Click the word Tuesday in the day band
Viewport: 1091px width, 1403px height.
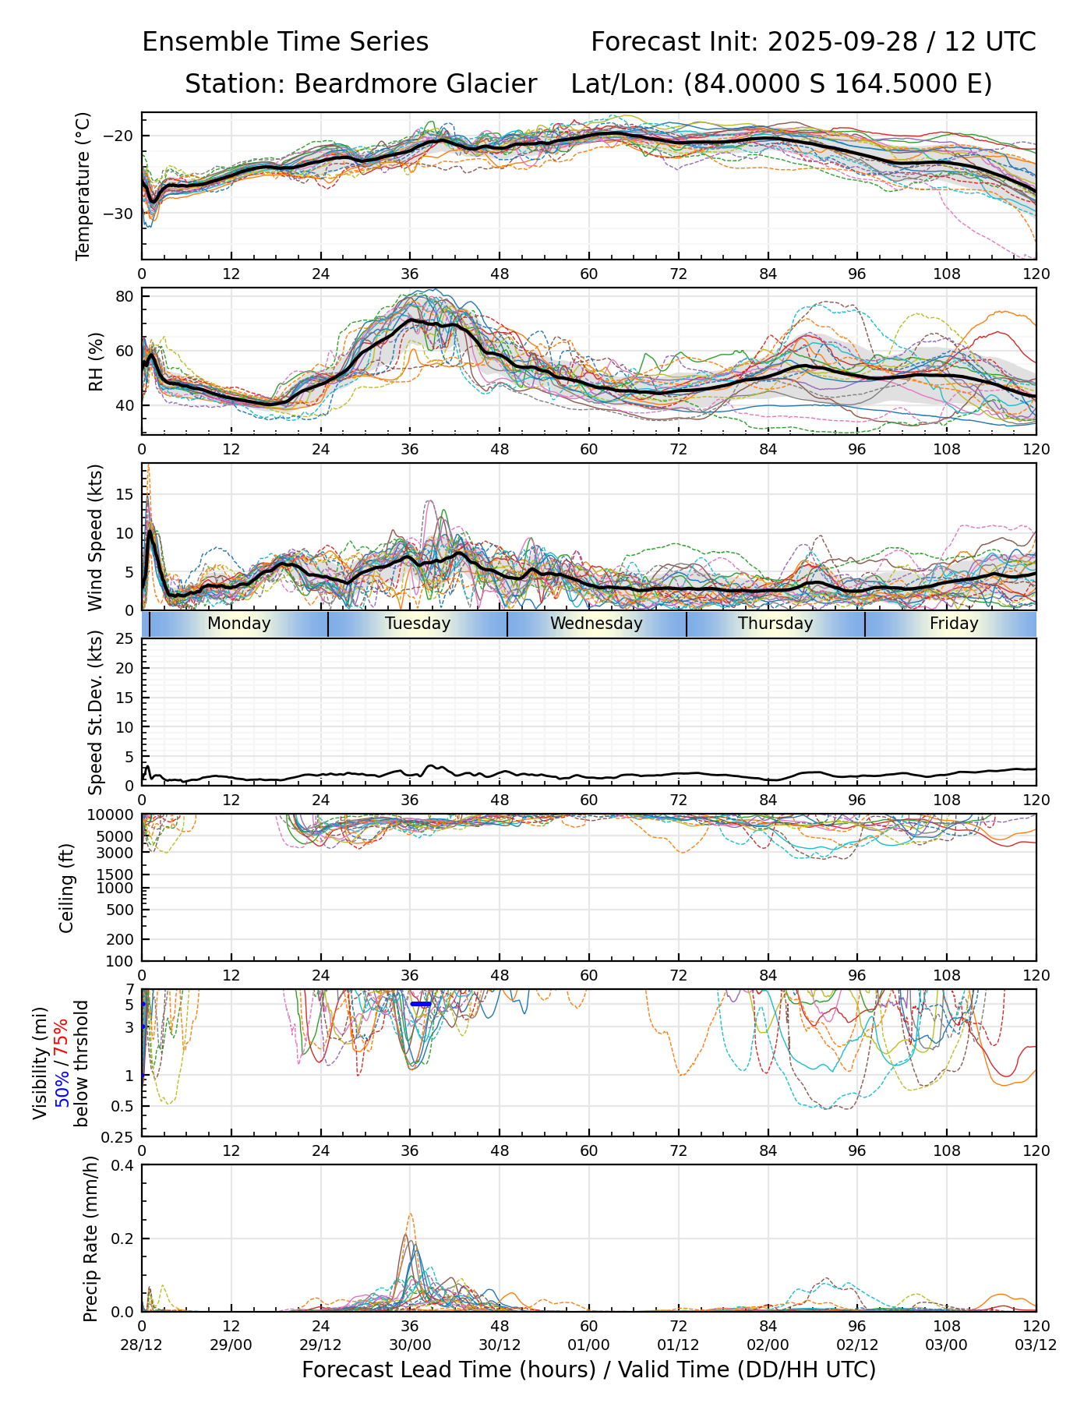click(418, 624)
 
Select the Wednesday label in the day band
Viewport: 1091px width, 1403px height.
click(596, 624)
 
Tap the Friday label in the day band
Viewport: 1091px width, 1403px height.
click(954, 624)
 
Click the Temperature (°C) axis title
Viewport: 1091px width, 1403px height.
click(83, 186)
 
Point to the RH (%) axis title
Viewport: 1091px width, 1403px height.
click(96, 362)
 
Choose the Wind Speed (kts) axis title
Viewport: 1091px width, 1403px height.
click(96, 537)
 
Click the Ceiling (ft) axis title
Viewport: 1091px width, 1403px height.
click(67, 888)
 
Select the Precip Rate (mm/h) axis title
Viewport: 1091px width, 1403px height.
click(91, 1239)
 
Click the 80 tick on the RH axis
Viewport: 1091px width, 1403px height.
click(126, 296)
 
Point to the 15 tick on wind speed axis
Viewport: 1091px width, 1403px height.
click(126, 495)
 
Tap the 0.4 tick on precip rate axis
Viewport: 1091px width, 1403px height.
click(123, 1166)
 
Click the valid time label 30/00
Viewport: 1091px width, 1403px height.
click(410, 1345)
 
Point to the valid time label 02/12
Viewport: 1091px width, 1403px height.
click(857, 1345)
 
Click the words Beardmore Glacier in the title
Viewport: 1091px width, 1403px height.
click(415, 84)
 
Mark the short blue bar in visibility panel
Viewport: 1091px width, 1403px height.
click(421, 1004)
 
